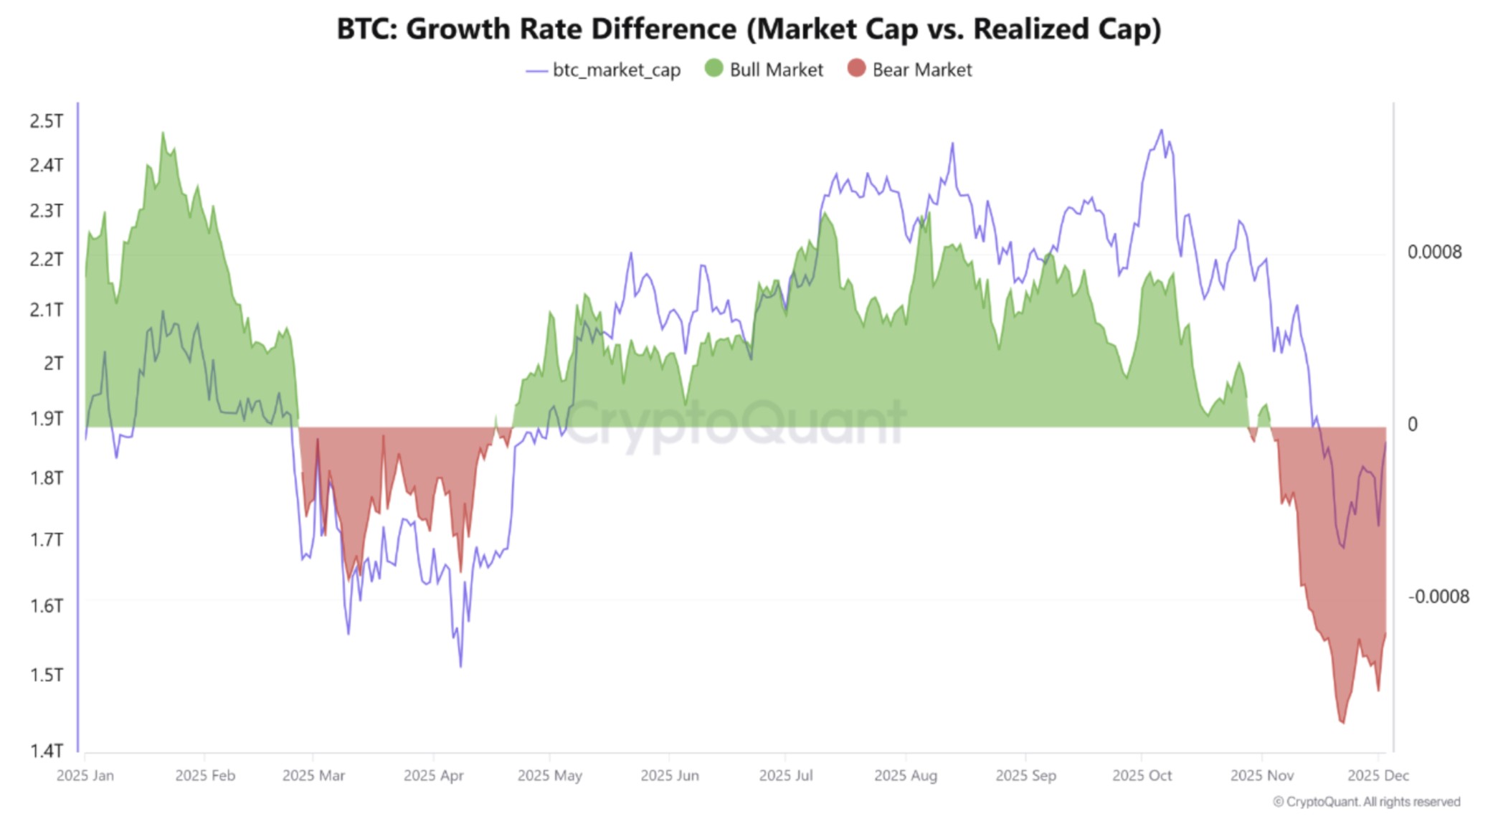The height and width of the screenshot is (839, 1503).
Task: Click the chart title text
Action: pyautogui.click(x=749, y=29)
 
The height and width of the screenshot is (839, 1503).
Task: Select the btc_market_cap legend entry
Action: pyautogui.click(x=603, y=70)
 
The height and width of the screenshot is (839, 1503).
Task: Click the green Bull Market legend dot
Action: pyautogui.click(x=713, y=69)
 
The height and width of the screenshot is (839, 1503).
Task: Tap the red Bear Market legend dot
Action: pyautogui.click(x=856, y=69)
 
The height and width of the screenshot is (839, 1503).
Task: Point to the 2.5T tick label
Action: pyautogui.click(x=46, y=121)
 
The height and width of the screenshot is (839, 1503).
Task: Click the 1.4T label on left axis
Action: pyautogui.click(x=46, y=751)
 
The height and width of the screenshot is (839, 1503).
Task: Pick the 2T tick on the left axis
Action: pyautogui.click(x=53, y=364)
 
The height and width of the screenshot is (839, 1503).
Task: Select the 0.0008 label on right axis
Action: pyautogui.click(x=1434, y=252)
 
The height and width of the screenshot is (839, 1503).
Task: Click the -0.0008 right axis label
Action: pyautogui.click(x=1438, y=597)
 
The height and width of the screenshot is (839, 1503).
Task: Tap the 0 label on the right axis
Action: pyautogui.click(x=1412, y=425)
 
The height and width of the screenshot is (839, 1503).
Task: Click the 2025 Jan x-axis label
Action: pyautogui.click(x=85, y=776)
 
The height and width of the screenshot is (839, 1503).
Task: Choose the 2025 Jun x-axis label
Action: pyautogui.click(x=669, y=776)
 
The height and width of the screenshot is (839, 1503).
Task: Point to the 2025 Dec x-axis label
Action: pyautogui.click(x=1378, y=776)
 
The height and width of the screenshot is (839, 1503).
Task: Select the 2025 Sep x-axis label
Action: pyautogui.click(x=1025, y=776)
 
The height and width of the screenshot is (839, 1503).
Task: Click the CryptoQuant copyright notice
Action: pyautogui.click(x=1366, y=802)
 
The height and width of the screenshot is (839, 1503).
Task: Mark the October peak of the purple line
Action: pyautogui.click(x=1161, y=131)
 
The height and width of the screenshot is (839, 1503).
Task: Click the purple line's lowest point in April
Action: pyautogui.click(x=460, y=666)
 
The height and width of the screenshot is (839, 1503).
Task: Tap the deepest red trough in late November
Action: pyautogui.click(x=1342, y=722)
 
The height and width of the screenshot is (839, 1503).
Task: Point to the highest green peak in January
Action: pyautogui.click(x=163, y=133)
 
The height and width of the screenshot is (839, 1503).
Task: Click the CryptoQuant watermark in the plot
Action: pyautogui.click(x=735, y=423)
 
